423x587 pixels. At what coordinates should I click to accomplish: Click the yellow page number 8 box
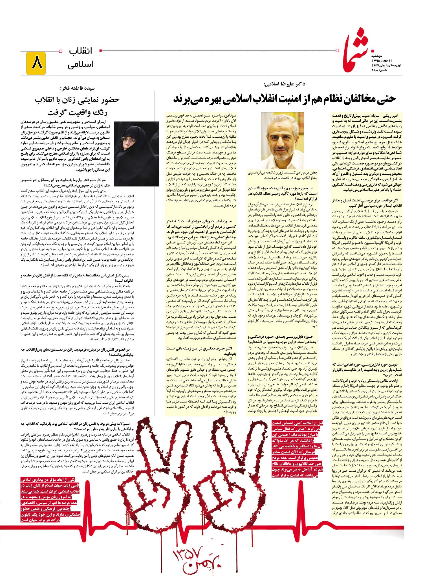pyautogui.click(x=36, y=64)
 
